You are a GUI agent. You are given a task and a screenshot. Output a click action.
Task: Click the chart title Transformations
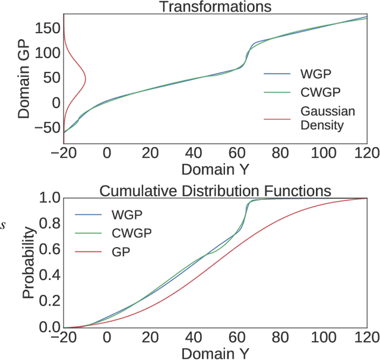pyautogui.click(x=213, y=7)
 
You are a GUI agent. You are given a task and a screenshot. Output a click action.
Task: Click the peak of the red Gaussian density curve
pyautogui.click(x=85, y=78)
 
